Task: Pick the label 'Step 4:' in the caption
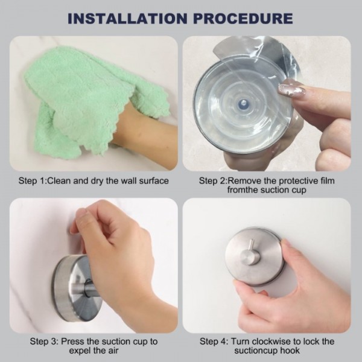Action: [x=214, y=341]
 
